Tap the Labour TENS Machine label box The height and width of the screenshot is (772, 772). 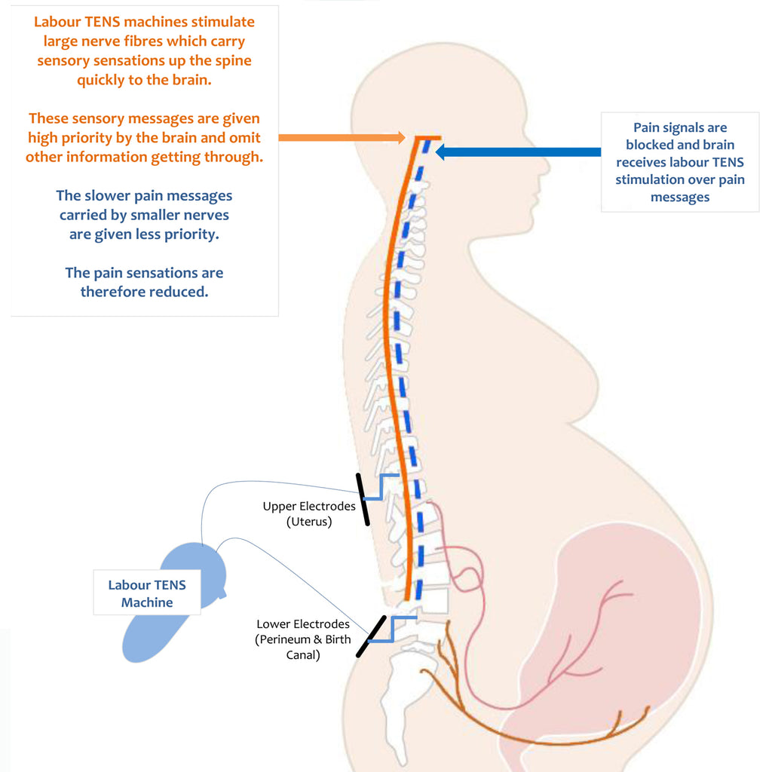[x=147, y=593]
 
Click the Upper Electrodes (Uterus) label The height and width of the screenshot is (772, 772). [x=309, y=513]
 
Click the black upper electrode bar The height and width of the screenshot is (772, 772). [x=362, y=498]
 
